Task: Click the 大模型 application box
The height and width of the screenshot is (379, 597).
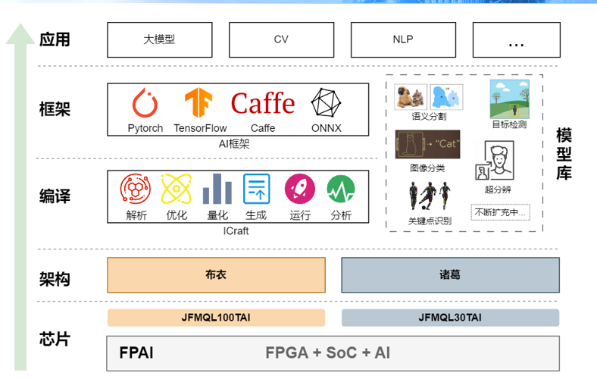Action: coord(160,39)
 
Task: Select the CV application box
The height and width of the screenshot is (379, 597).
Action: coord(281,39)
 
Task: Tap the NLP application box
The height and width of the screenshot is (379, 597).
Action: coord(403,39)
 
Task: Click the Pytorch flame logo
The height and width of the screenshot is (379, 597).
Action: coord(145,103)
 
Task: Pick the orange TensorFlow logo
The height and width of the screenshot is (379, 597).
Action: coord(198,102)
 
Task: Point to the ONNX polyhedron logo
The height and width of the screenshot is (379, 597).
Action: coord(326,103)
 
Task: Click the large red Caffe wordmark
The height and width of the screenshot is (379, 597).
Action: coord(263,103)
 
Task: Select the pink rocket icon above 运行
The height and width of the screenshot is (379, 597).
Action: coord(300,189)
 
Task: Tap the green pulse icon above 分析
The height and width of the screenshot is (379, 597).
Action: coord(341,189)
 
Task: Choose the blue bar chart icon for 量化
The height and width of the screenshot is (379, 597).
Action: coord(217,189)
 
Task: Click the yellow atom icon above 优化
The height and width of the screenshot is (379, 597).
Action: coord(176,189)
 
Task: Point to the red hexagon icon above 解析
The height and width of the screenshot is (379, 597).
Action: coord(135,189)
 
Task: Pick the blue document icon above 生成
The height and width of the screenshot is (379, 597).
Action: coord(257,189)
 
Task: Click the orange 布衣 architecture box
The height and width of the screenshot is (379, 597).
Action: coord(216,275)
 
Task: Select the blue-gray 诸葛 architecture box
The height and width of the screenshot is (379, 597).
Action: coord(451,275)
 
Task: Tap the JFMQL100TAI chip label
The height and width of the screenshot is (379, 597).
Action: coord(216,318)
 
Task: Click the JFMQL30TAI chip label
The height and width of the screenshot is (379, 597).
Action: coord(451,318)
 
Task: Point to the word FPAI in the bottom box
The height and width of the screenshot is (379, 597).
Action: coord(136,352)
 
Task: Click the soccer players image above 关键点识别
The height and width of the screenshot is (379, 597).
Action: coord(429,196)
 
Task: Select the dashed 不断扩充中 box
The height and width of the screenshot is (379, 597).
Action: coord(500,212)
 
